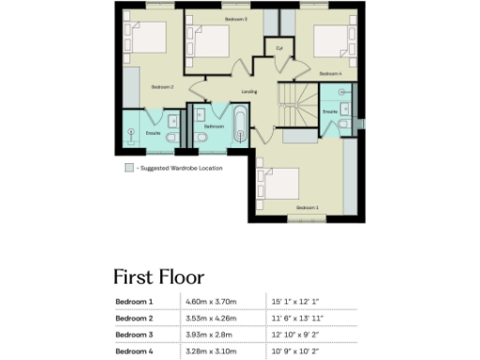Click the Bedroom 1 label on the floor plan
pos(307,206)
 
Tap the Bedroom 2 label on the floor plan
pos(163,87)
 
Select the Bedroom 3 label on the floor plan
pos(235,19)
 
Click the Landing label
pos(248,92)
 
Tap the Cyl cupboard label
pos(278,48)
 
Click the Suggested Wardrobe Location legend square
pos(129,168)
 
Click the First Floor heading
pos(158,277)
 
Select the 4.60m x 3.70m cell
pos(212,302)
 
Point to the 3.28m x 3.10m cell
pos(212,350)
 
